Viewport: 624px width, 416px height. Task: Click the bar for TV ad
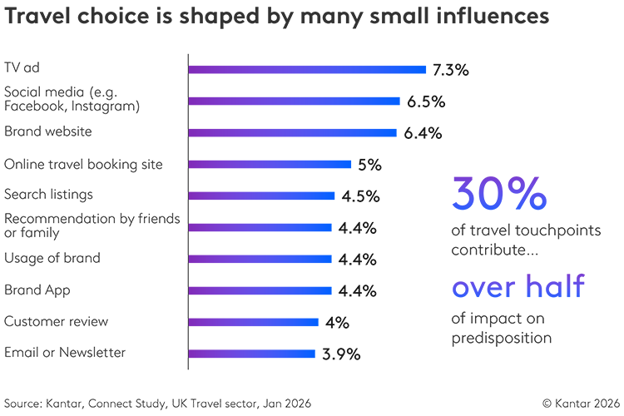point(308,70)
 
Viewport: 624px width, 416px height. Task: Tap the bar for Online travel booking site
point(270,164)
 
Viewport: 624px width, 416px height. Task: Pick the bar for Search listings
point(263,196)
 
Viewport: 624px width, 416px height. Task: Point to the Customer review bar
point(254,322)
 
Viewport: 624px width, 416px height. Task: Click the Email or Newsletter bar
point(252,354)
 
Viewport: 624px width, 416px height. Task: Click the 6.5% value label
point(426,102)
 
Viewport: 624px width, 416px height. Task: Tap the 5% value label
point(369,165)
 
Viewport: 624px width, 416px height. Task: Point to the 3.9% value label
point(341,354)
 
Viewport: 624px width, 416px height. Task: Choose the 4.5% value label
point(359,196)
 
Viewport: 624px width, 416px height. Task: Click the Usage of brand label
point(52,258)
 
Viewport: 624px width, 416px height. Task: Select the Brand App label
point(37,290)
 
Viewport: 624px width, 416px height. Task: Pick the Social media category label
point(72,99)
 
